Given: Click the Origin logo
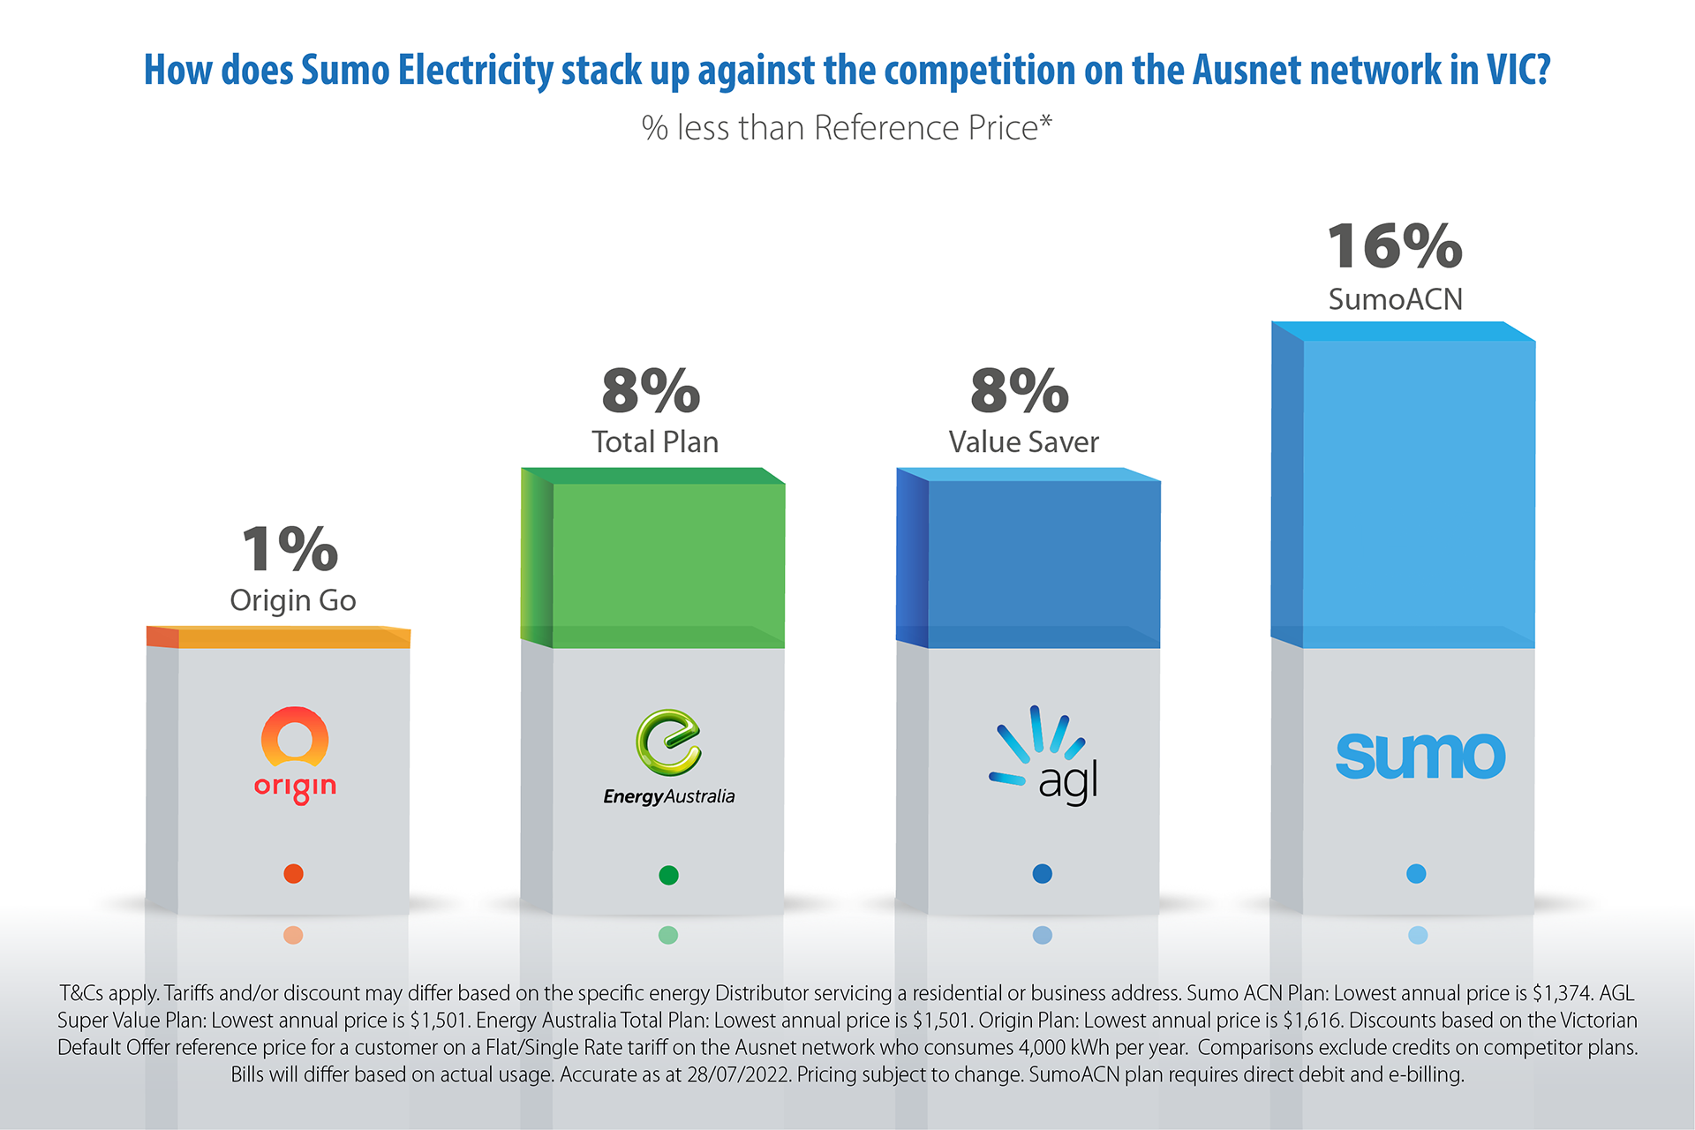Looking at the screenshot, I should (x=295, y=753).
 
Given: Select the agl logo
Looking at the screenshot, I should (x=1044, y=755).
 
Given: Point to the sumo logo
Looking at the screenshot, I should (x=1420, y=756).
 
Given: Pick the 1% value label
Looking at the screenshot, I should (x=290, y=548).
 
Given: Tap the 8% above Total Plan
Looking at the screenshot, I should (x=652, y=390).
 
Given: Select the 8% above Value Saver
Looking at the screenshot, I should (x=1020, y=390).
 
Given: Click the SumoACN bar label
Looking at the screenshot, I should (x=1395, y=299).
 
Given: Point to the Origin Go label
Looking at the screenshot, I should (x=293, y=600).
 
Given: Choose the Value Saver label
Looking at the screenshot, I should (x=1024, y=441).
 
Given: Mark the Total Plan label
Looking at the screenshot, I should (x=655, y=441).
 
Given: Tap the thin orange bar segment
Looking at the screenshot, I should (x=293, y=638).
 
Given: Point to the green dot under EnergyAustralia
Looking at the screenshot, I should (x=668, y=875).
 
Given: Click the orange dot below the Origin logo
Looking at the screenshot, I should (x=293, y=874).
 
